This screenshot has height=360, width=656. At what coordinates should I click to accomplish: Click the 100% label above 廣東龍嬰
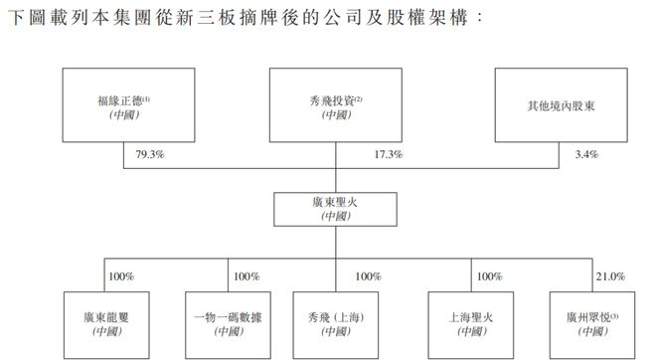click(121, 275)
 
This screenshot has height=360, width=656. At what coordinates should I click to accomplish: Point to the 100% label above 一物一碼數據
click(245, 275)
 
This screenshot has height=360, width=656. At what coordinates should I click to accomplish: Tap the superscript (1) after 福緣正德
click(145, 96)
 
